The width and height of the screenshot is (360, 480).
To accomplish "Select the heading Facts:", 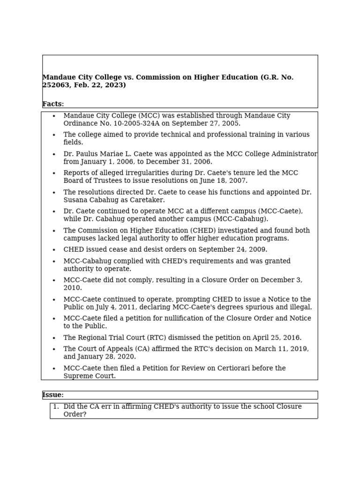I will tap(53, 104).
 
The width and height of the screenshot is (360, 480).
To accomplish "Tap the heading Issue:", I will tap(53, 395).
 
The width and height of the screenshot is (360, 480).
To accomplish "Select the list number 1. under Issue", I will tap(56, 407).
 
